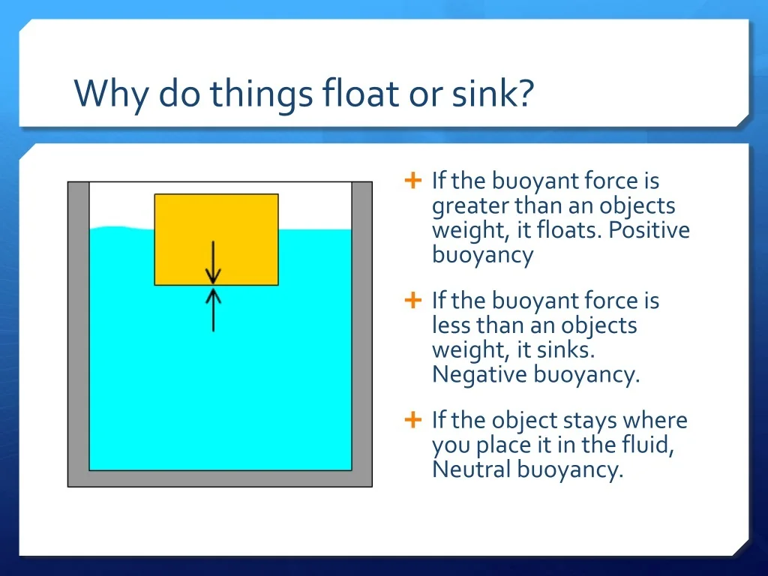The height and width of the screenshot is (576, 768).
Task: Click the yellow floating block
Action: pos(217,239)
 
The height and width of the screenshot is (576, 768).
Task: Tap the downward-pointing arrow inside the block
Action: pos(213,262)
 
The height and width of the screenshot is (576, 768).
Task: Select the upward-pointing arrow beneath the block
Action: pos(213,310)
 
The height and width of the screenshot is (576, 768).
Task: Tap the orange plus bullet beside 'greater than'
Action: pos(413,180)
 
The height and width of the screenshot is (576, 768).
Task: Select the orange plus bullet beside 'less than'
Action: pos(413,300)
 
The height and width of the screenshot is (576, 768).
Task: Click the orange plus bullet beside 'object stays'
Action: pos(413,420)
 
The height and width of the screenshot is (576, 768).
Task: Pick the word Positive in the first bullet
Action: pos(649,230)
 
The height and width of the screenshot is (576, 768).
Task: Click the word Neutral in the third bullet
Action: pos(472,469)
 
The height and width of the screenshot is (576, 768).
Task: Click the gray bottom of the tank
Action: pos(220,478)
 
